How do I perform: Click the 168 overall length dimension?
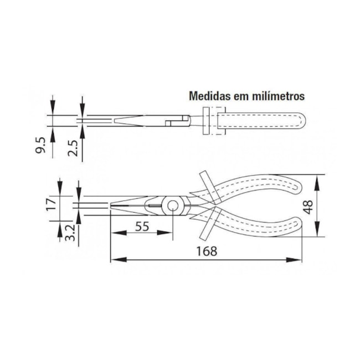click(207, 250)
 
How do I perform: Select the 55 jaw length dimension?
click(142, 227)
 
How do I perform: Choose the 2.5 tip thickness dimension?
click(72, 148)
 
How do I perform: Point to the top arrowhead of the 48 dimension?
click(317, 178)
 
